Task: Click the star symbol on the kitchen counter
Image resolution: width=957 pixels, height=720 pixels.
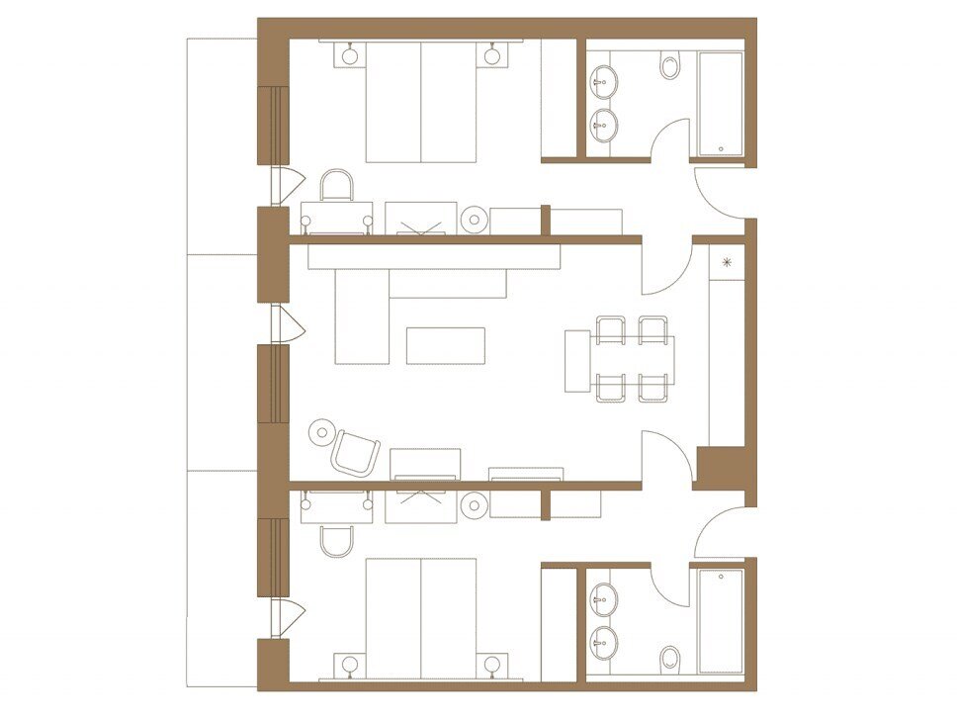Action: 728,262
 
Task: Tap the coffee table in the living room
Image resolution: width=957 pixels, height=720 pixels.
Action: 445,345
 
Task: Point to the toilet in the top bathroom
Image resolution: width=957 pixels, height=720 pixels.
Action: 670,66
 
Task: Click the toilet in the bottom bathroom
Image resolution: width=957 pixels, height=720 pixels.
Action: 670,658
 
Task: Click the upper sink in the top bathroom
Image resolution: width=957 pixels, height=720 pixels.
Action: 603,79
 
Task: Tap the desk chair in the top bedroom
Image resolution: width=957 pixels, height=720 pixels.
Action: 336,185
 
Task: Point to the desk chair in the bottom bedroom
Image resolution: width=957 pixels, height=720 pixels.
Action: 337,540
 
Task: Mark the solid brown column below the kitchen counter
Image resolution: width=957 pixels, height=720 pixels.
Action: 719,466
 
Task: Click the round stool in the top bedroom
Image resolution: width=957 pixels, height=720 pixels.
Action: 475,221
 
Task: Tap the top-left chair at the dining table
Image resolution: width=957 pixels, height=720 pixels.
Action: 611,329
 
